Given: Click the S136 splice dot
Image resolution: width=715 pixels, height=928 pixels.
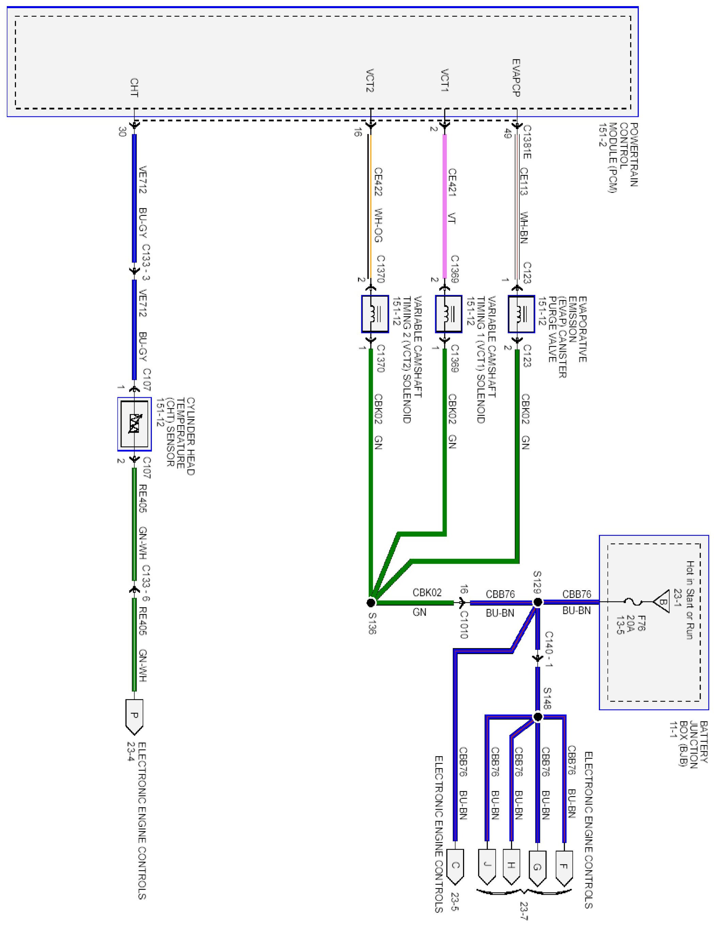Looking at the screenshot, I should point(370,602).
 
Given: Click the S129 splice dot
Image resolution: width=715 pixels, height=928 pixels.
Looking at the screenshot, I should point(537,602).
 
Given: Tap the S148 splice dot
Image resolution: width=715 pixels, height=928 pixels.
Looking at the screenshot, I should point(538,717).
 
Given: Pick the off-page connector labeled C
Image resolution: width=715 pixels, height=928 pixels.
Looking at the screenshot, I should point(455,865).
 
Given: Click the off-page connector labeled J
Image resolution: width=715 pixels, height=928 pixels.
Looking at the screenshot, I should point(487,865).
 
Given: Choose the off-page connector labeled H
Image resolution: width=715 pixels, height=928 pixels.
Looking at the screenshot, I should point(511,865).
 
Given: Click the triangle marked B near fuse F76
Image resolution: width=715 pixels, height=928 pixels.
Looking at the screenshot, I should point(662,602).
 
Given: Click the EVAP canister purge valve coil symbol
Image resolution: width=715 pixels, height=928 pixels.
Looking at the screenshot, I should point(521,314).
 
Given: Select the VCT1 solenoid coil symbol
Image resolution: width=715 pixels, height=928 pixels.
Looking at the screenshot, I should point(448,314).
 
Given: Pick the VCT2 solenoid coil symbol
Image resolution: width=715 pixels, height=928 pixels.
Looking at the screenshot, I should point(375,314).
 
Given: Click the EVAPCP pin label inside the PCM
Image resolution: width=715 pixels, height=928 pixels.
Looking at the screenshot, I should point(516,78).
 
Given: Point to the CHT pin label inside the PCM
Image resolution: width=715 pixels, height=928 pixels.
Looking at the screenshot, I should point(134,87).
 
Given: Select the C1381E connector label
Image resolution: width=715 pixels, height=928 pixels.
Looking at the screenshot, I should point(527,142).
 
